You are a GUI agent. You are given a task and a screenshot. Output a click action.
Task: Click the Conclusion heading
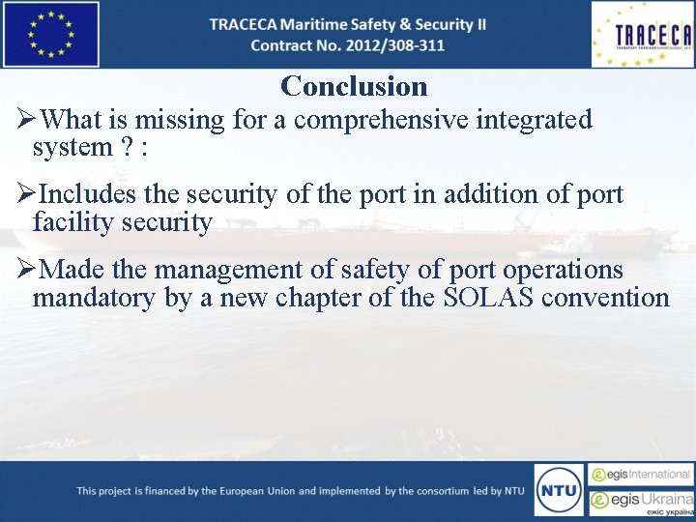354,86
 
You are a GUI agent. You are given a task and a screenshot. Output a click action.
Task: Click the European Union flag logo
50,34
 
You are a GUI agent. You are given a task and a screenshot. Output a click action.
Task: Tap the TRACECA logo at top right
642,35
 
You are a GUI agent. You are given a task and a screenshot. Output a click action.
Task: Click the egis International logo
641,475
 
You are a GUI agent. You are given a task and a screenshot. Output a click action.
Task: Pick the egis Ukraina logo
641,501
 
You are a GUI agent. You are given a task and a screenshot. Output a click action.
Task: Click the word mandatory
94,298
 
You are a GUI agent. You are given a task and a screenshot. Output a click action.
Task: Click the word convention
605,298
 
